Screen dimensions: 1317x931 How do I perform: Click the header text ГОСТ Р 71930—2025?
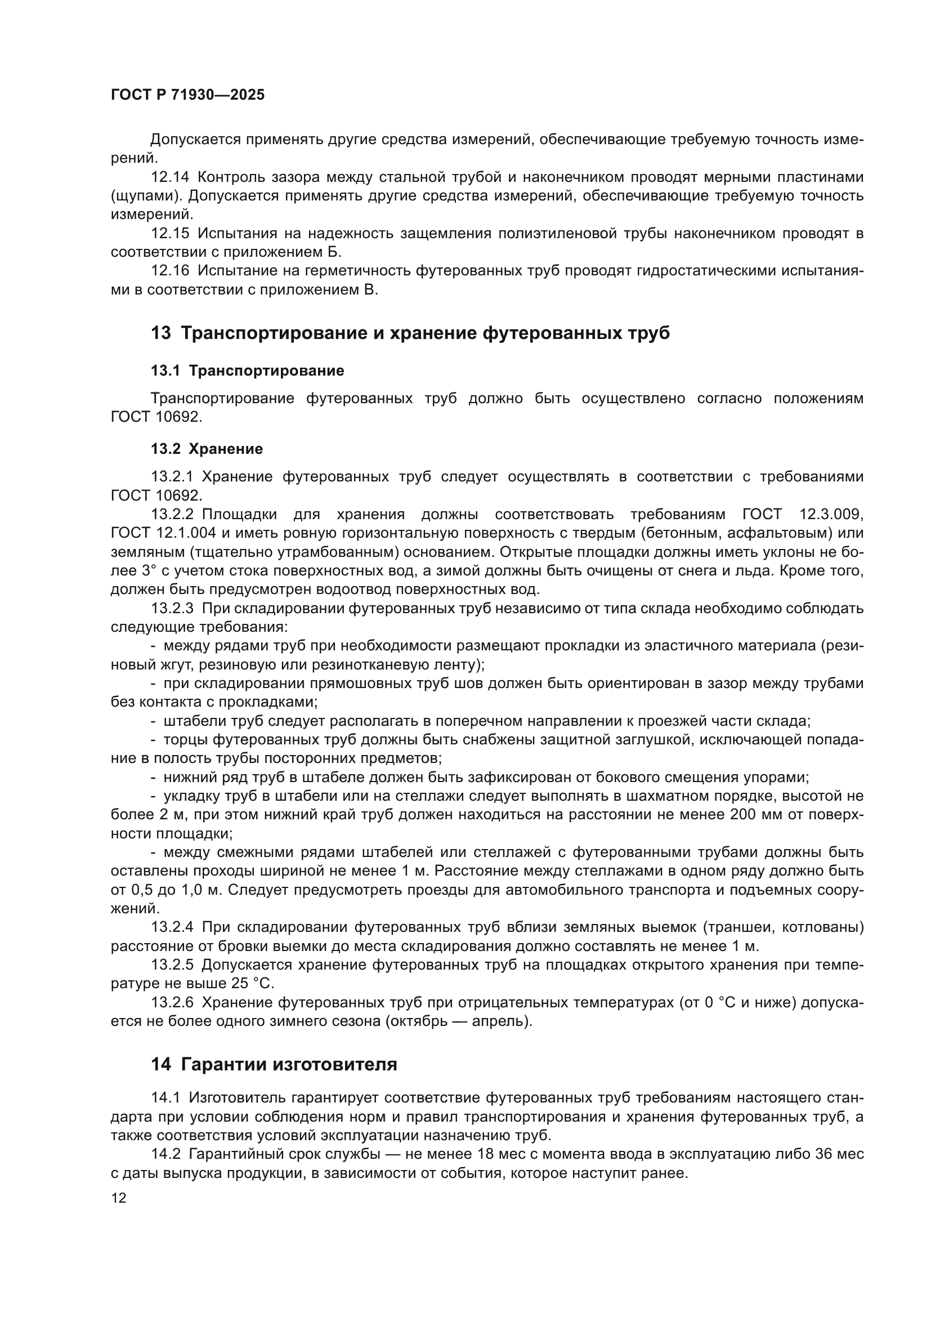(x=187, y=95)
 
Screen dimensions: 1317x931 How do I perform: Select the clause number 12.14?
(x=169, y=177)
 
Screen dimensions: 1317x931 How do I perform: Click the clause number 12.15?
(x=169, y=234)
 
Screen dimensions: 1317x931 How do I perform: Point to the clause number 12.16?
(x=169, y=271)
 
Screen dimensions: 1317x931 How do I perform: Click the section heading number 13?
(x=160, y=333)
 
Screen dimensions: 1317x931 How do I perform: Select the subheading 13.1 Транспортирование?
(x=247, y=370)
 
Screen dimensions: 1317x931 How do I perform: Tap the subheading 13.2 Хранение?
(x=207, y=449)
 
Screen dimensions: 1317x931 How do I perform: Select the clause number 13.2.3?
(x=173, y=608)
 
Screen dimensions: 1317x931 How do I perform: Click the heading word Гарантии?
(x=223, y=1065)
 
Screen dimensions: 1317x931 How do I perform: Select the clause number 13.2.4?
(x=173, y=927)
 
